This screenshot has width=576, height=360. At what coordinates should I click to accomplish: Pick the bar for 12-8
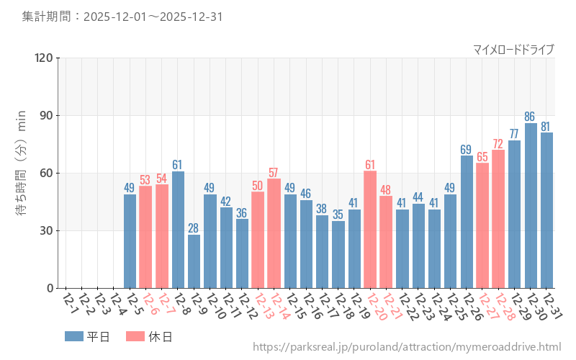tap(178, 230)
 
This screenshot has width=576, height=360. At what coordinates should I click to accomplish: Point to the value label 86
tap(531, 116)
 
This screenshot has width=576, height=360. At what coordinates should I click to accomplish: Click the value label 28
tap(194, 228)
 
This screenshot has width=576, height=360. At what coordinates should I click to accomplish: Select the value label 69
tap(467, 149)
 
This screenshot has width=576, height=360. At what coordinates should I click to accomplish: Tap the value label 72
tap(498, 143)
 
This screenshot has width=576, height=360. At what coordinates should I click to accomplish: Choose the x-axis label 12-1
tap(70, 303)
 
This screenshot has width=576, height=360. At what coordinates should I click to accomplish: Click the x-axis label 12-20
tap(375, 307)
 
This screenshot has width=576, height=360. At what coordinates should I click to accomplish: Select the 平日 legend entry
tap(86, 336)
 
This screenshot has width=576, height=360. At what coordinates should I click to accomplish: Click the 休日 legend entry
tap(148, 336)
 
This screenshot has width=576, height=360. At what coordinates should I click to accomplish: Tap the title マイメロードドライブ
tap(513, 49)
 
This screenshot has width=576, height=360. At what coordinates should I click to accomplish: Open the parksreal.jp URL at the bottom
tap(406, 347)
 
